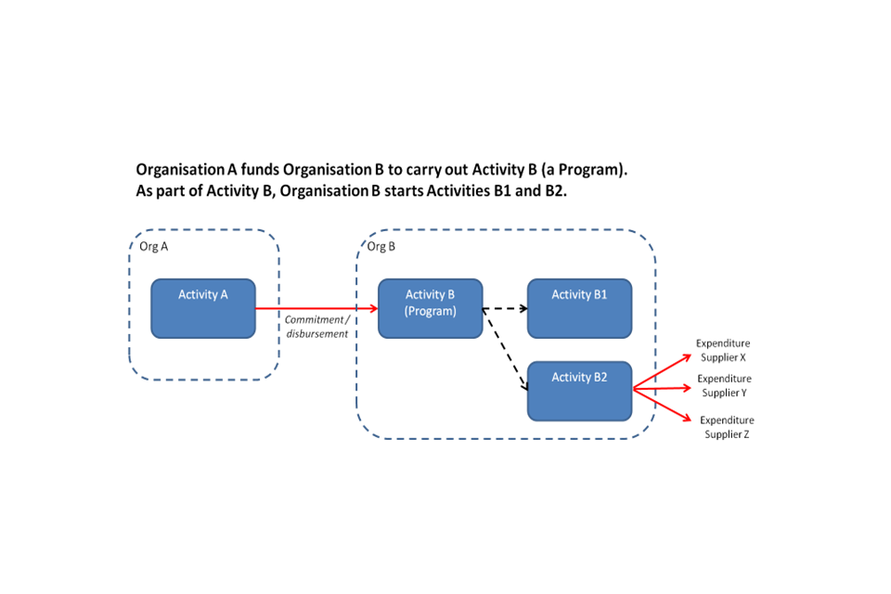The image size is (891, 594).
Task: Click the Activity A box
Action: [x=203, y=308]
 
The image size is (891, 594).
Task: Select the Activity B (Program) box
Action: [x=430, y=308]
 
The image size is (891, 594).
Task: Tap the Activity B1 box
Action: [x=579, y=308]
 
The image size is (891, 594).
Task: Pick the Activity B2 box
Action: [x=579, y=390]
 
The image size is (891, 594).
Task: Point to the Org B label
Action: [x=381, y=247]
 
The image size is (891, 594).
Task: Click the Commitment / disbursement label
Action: [x=316, y=327]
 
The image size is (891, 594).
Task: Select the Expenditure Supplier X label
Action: [x=723, y=350]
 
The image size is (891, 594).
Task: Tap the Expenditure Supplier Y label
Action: [x=724, y=385]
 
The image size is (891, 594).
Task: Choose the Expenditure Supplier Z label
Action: [x=727, y=427]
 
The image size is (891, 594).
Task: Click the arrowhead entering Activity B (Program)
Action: [x=372, y=308]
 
